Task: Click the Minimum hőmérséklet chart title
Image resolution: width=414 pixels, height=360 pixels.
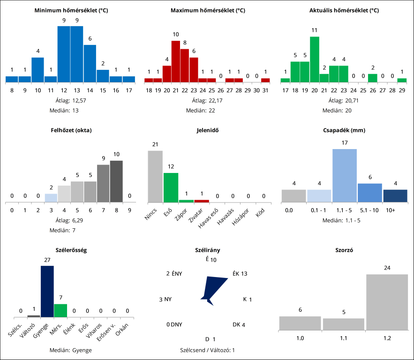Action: [71, 10]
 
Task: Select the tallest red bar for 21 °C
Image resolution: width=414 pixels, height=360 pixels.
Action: [176, 61]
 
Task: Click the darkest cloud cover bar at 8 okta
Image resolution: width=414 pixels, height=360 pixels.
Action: [116, 181]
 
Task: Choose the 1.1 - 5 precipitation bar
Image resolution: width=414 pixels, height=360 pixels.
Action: [345, 175]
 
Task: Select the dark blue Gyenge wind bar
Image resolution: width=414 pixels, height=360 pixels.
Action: [47, 292]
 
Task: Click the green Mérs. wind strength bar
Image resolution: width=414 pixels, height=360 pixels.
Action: [60, 310]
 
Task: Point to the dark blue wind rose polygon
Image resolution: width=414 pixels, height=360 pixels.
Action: [209, 291]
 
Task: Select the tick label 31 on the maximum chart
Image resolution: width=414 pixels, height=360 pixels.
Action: [265, 90]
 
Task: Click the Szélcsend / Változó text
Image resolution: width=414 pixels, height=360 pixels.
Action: [207, 350]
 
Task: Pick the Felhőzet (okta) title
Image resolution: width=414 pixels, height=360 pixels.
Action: [71, 130]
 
